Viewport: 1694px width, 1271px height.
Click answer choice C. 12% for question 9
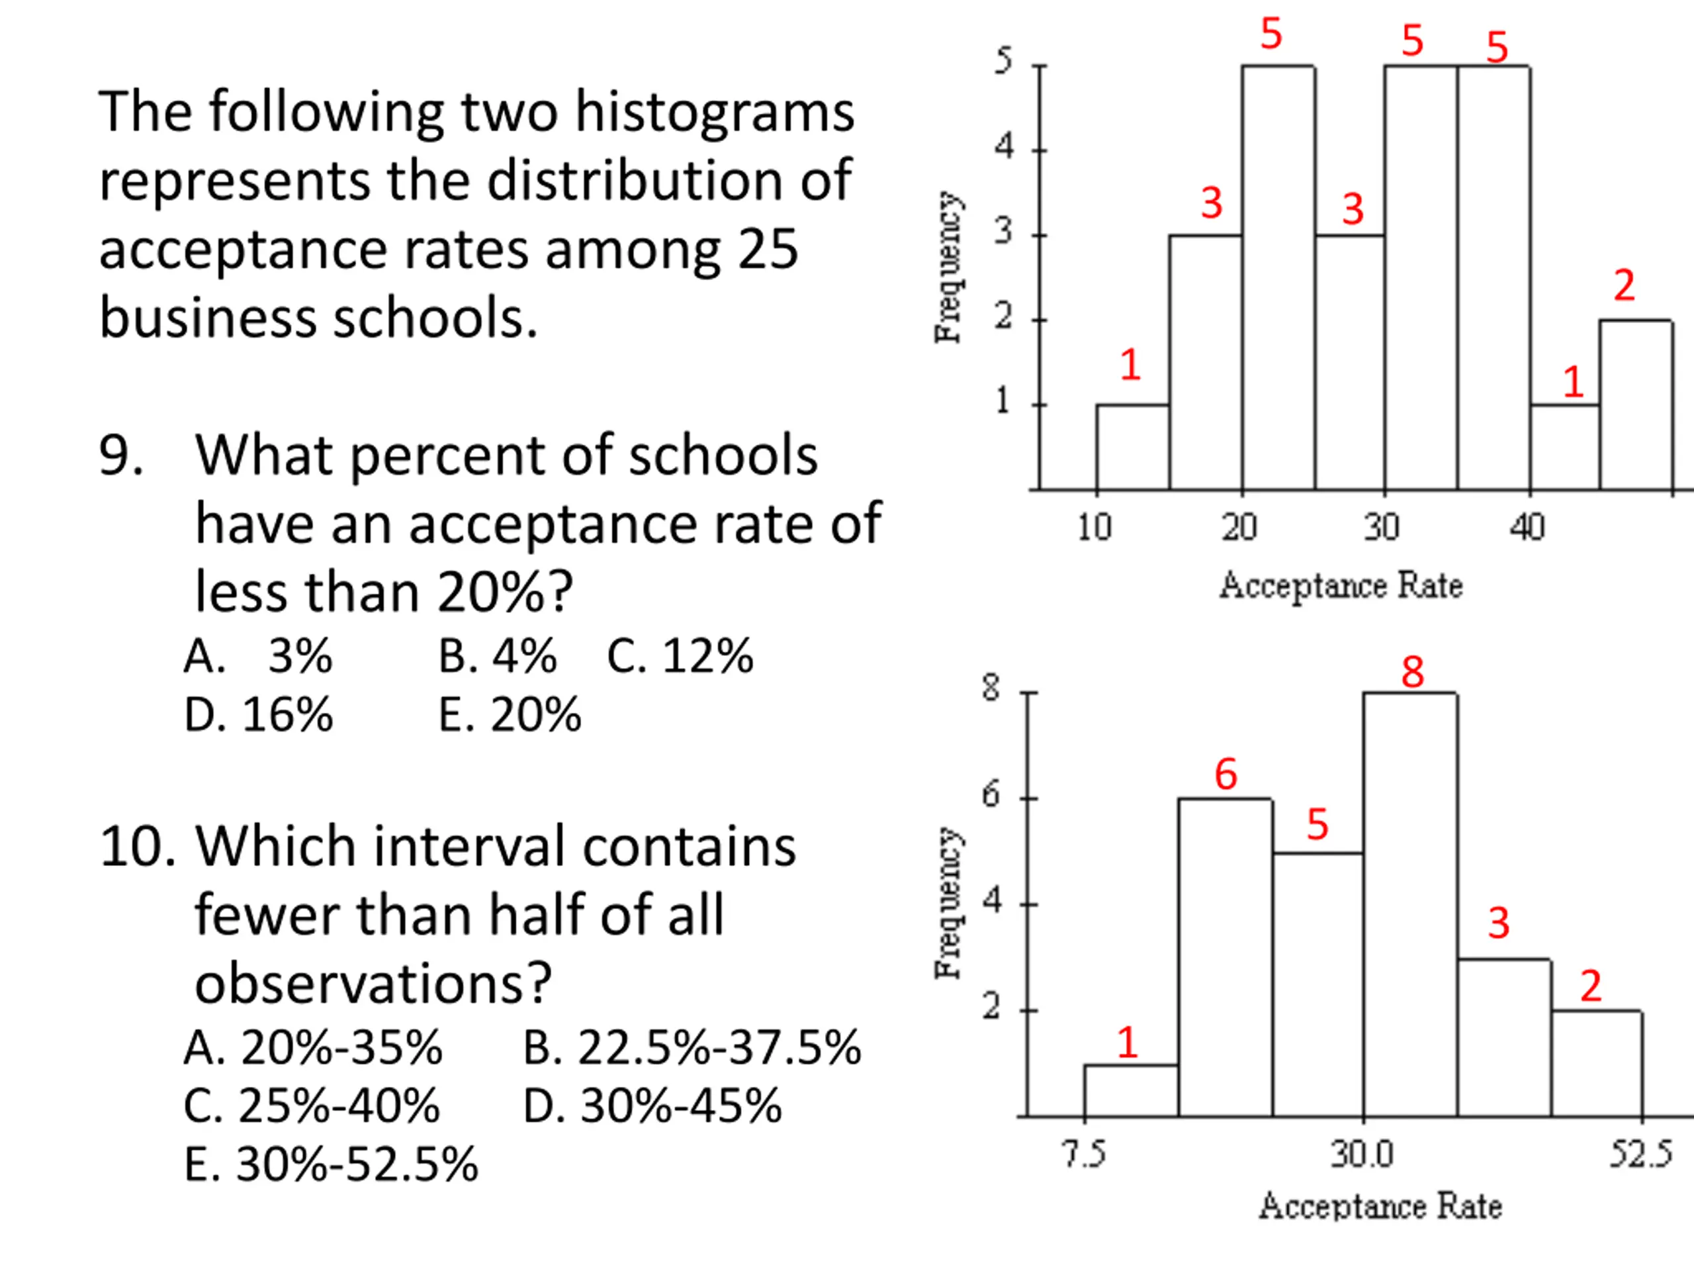[x=680, y=656]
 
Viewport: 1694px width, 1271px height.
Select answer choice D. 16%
[x=259, y=715]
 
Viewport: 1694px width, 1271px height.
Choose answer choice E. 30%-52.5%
[x=331, y=1164]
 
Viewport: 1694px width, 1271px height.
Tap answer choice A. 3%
[x=259, y=656]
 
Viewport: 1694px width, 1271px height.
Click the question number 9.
[x=121, y=455]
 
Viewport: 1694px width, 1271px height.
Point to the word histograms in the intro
[x=715, y=113]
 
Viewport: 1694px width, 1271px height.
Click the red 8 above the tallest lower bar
[x=1412, y=673]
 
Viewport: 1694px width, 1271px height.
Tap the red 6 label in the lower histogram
[x=1226, y=774]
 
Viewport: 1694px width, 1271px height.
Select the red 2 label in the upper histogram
[x=1625, y=286]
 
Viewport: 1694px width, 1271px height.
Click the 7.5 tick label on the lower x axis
[x=1085, y=1154]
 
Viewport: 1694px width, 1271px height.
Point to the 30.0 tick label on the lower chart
[x=1362, y=1154]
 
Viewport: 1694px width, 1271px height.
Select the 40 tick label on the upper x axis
[x=1527, y=527]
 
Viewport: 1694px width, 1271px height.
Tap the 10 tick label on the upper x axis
[x=1094, y=527]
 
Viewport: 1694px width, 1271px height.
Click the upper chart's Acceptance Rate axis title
[x=1341, y=585]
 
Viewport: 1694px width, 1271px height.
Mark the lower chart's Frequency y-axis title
[x=948, y=902]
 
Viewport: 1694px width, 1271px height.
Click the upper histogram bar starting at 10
[x=1133, y=447]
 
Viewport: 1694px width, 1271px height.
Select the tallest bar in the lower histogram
[x=1410, y=904]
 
